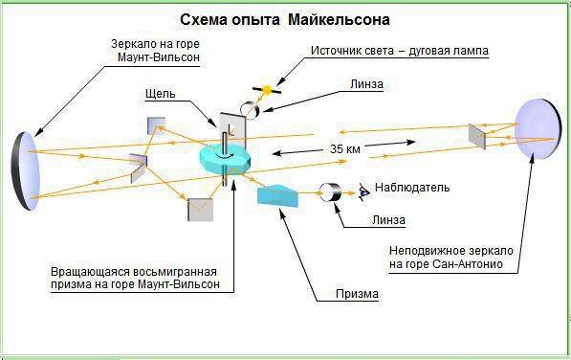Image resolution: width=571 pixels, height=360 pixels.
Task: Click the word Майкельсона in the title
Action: point(339,19)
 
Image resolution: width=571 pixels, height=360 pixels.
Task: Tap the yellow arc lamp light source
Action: point(267,90)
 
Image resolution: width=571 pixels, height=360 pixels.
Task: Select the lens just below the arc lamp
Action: point(250,108)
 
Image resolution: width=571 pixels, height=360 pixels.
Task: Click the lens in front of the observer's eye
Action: point(330,192)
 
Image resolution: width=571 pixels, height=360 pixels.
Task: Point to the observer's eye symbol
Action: point(363,191)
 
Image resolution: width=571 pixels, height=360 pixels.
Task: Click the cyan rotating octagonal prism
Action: point(225,159)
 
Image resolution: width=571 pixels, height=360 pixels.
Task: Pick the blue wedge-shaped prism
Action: point(277,195)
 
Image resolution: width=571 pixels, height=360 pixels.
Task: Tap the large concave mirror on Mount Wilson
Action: point(25,170)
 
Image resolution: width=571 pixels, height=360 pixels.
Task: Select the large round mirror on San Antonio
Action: point(538,129)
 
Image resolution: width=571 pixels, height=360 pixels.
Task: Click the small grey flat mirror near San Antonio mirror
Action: point(477,137)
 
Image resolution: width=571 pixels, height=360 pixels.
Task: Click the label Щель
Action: point(161,94)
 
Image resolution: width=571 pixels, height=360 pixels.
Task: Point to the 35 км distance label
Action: point(345,148)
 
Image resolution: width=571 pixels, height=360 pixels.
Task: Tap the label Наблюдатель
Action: point(412,188)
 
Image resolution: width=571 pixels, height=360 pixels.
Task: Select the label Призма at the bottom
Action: point(357,294)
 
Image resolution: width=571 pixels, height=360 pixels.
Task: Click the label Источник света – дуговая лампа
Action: point(400,51)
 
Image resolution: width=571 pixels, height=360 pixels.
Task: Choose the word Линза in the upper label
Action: point(366,84)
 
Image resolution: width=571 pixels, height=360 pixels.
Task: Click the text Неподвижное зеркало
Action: point(451,251)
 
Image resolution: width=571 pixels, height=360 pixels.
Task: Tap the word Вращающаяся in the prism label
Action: point(90,272)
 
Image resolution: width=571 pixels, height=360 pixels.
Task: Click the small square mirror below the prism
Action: point(200,210)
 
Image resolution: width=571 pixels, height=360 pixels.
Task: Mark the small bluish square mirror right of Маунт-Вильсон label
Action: point(156,125)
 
